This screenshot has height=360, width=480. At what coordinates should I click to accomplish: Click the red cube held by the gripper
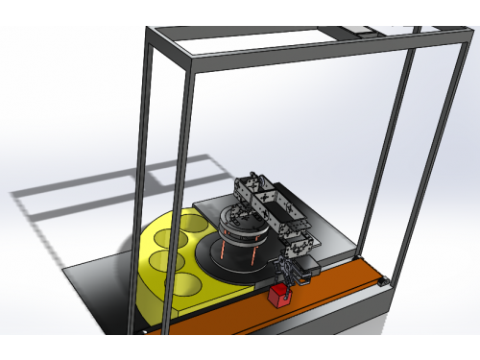tap(279, 297)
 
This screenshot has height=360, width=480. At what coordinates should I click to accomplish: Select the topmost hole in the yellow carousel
tap(192, 224)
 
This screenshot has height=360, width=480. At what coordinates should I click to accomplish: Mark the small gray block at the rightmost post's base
tap(384, 281)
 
